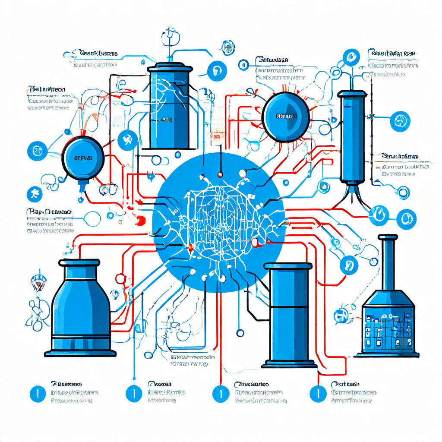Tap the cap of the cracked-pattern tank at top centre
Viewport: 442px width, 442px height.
point(169,68)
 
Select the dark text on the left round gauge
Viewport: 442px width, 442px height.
point(83,158)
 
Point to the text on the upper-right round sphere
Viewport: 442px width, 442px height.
point(286,117)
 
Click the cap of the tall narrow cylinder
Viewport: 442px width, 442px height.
point(352,93)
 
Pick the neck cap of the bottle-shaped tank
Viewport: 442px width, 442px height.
point(79,262)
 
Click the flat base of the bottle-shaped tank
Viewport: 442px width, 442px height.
point(80,353)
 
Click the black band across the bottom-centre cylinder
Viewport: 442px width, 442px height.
point(288,307)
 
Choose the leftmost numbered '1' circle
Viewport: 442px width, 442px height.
point(38,394)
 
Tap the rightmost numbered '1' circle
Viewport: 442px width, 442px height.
point(318,394)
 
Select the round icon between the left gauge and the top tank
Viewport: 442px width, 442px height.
point(127,140)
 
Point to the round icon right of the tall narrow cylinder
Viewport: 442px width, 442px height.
point(400,121)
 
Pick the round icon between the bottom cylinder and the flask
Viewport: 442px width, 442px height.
point(348,265)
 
